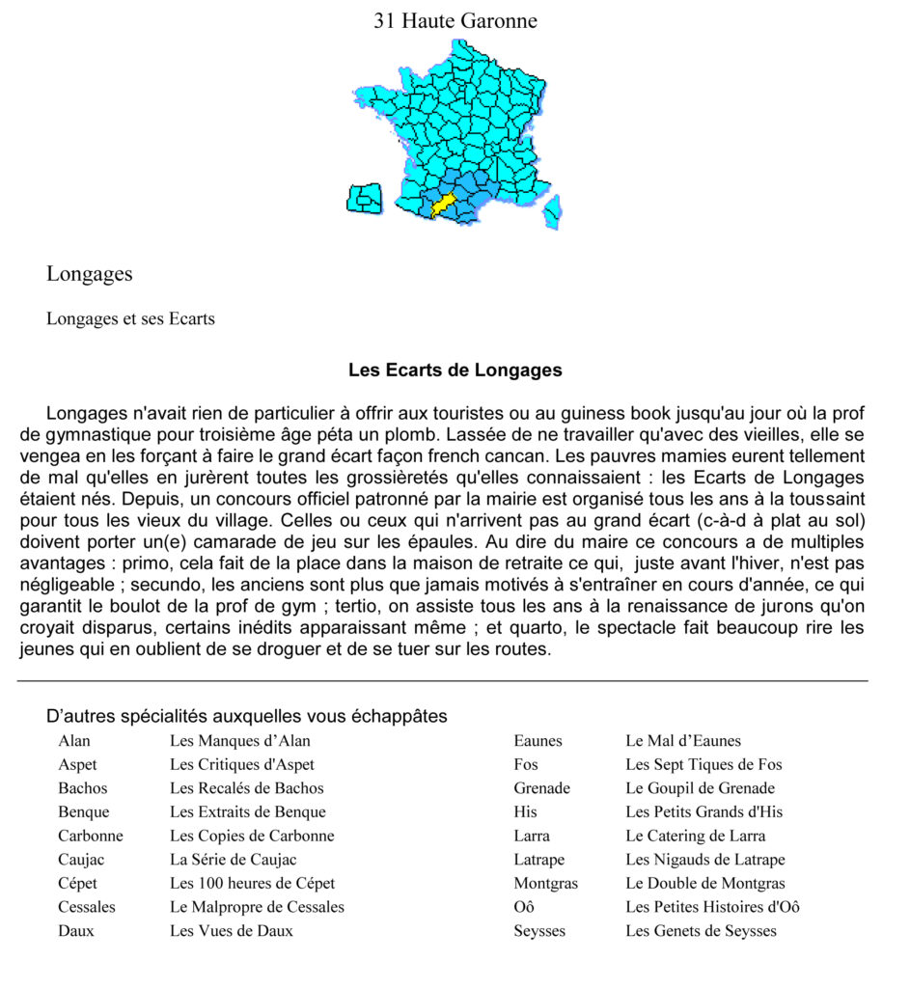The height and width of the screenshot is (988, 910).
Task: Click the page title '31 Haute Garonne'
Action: click(455, 20)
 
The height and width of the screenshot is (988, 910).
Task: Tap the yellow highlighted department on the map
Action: click(443, 205)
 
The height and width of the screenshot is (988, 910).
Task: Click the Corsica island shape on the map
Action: click(553, 211)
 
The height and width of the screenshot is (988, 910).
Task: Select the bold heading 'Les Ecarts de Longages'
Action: click(455, 370)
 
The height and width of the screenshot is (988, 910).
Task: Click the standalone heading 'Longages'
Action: click(90, 274)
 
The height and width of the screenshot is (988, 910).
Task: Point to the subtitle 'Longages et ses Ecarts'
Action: click(130, 318)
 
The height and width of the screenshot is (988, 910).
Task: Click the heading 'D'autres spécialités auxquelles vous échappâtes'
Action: click(246, 716)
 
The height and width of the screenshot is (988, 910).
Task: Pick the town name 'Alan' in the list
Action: click(74, 741)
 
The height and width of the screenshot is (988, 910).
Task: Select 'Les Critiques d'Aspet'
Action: click(242, 765)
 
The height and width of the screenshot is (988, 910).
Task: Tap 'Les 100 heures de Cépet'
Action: click(252, 883)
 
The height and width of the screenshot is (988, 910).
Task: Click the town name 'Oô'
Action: click(524, 907)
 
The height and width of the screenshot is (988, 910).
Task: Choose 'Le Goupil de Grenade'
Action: click(700, 788)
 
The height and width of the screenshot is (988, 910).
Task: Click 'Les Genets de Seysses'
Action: click(701, 931)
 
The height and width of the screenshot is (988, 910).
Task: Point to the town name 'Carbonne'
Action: click(91, 836)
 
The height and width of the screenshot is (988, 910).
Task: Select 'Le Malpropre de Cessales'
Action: click(257, 907)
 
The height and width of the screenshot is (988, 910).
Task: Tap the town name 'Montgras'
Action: click(545, 883)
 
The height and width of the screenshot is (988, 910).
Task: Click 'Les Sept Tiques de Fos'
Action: click(703, 765)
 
